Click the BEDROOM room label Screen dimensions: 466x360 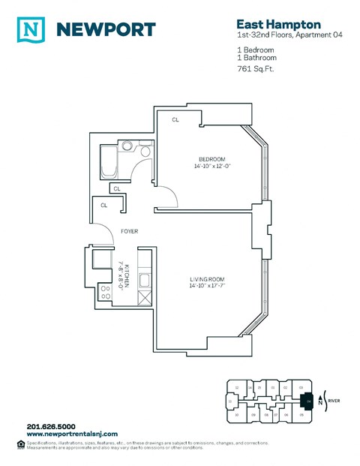tap(211, 159)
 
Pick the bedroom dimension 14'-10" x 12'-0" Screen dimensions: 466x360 tap(211, 167)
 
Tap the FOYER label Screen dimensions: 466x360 tap(129, 232)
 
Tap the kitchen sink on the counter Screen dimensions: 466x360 tap(146, 284)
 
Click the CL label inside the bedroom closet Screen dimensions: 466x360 tap(175, 120)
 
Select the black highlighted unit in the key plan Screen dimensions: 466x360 tap(306, 401)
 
